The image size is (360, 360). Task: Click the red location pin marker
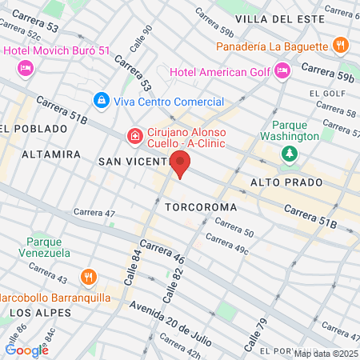181,166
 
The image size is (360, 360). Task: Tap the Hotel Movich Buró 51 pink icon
25,70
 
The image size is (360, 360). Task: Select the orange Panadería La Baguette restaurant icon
340,46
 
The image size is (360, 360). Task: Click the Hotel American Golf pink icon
282,72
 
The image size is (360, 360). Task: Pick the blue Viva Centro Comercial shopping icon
101,100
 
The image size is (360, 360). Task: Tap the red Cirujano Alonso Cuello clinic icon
135,137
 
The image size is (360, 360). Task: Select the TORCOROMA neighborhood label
201,207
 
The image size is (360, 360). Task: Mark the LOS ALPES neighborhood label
38,312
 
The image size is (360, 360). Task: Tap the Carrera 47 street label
94,213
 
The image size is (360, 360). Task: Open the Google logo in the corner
26,349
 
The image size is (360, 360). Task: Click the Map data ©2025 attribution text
326,354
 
